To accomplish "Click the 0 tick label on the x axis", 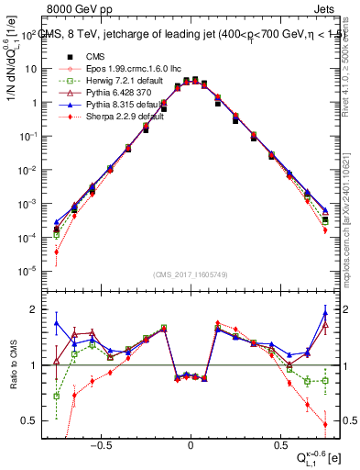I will (191, 442).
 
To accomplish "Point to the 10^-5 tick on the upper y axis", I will (27, 270).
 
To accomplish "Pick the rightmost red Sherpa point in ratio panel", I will (325, 424).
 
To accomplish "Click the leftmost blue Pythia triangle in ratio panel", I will (56, 323).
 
